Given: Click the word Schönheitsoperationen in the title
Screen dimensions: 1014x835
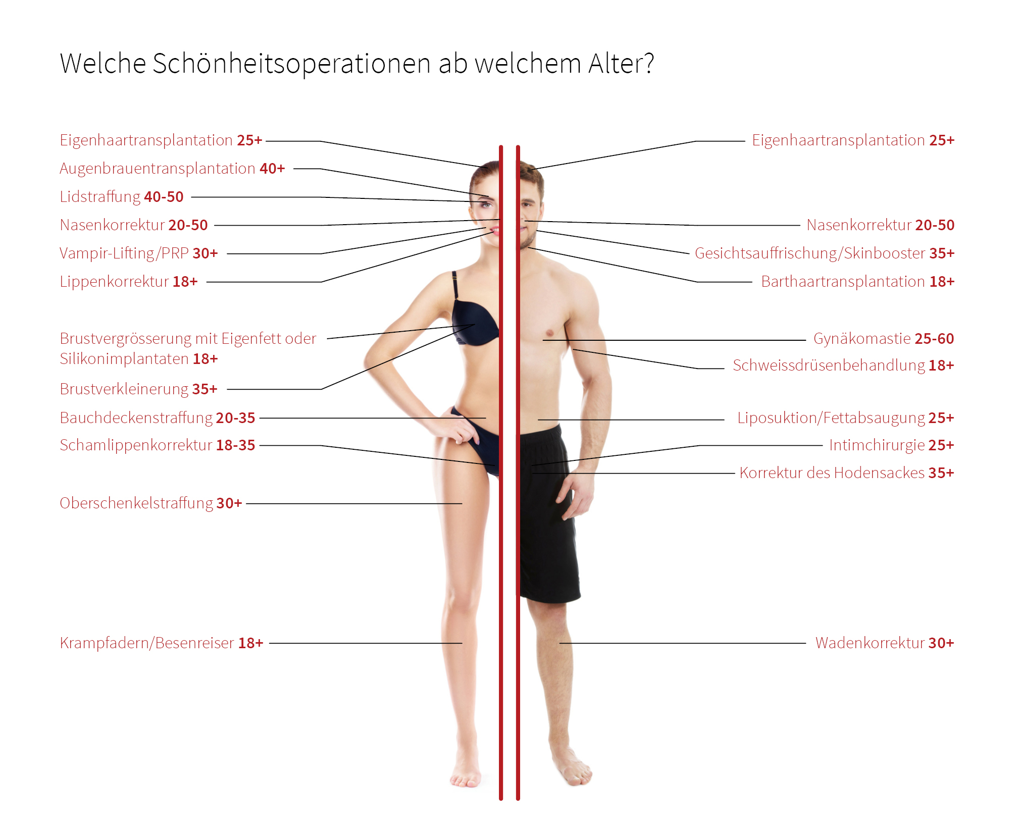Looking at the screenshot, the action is point(291,64).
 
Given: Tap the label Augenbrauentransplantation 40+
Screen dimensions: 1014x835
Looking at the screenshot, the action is point(172,168).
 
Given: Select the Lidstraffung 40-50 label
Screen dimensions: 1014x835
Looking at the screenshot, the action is point(122,196).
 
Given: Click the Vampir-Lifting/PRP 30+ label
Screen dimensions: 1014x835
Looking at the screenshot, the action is point(139,253).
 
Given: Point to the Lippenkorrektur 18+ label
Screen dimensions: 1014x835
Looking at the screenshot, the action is point(129,281).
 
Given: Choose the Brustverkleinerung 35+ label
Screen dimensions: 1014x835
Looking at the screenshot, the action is point(138,389).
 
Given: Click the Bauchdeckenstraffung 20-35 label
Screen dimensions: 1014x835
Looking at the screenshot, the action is point(158,417).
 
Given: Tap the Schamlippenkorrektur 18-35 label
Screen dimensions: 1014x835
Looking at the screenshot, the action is point(158,445).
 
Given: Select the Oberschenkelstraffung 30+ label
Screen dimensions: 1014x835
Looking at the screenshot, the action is point(151,503).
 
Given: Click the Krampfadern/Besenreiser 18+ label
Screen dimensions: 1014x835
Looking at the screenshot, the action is point(162,643).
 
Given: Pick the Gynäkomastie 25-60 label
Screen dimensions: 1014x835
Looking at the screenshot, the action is point(884,338).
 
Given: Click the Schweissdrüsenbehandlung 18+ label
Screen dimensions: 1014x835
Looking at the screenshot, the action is point(843,365).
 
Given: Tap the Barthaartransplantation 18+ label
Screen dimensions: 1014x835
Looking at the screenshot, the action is point(857,281).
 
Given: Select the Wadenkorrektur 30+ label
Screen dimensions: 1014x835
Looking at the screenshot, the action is point(885,643).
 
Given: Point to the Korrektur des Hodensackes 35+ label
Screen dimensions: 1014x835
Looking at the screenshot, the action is point(847,473).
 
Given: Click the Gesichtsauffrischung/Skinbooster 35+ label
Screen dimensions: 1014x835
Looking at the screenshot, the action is point(825,253).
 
